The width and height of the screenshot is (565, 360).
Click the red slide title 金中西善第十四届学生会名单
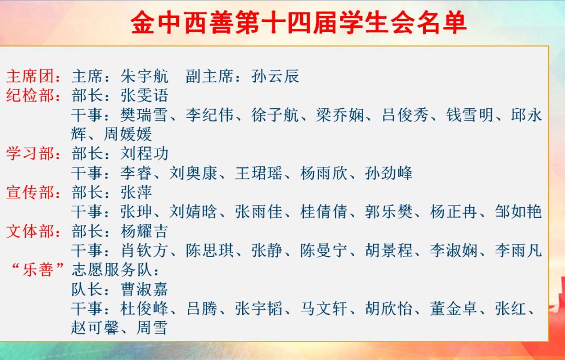click(x=299, y=22)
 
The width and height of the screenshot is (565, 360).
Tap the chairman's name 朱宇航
click(x=144, y=76)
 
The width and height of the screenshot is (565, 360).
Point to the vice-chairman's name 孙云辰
click(x=275, y=76)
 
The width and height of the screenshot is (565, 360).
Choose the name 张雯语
click(x=144, y=96)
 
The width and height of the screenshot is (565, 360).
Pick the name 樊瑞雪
click(x=144, y=115)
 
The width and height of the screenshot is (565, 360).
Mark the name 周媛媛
click(x=128, y=134)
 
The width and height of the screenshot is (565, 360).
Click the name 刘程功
click(x=144, y=154)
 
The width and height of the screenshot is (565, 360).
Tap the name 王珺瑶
click(x=259, y=173)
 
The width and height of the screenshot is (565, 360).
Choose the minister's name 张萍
click(x=136, y=193)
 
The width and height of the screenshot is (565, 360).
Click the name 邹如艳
click(x=518, y=212)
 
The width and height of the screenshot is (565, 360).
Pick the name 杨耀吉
click(x=144, y=231)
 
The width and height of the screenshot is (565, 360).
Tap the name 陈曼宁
click(x=324, y=251)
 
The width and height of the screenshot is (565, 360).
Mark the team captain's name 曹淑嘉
click(x=144, y=289)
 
